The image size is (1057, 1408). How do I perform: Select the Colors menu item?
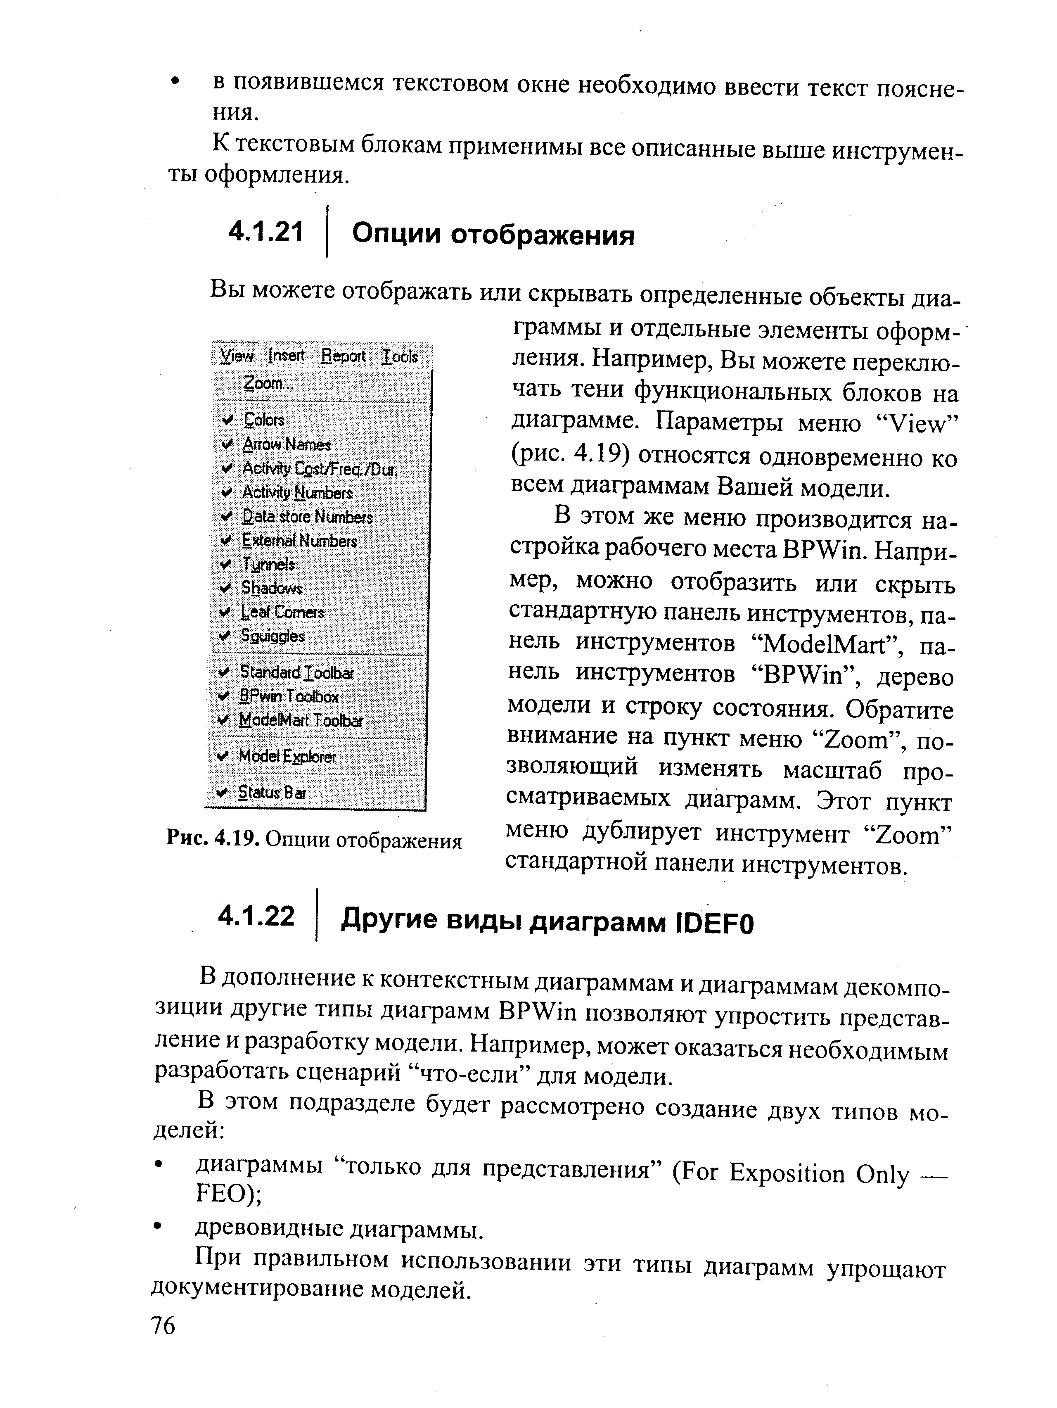[x=264, y=420]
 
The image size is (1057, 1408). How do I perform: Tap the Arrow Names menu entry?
[x=287, y=444]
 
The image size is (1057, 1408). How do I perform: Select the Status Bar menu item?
[x=271, y=793]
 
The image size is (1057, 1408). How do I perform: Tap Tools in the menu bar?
[x=400, y=356]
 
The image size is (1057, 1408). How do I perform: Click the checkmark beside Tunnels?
[x=226, y=564]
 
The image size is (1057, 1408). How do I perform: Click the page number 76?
[x=163, y=1326]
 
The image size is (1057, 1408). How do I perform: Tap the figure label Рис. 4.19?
[x=213, y=841]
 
